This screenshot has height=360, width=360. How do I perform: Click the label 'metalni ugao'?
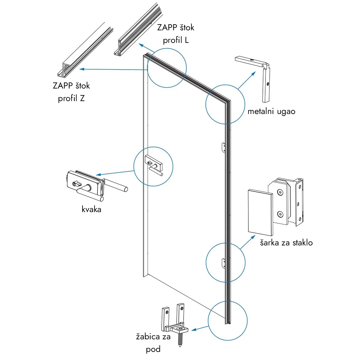[271, 111]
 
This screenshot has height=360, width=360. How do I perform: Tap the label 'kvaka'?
[91, 209]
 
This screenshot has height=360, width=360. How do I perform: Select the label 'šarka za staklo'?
[286, 242]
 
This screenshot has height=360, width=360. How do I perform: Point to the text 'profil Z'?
[71, 98]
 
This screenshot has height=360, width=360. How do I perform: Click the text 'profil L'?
[176, 40]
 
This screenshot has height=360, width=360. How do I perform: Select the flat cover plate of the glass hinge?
[260, 212]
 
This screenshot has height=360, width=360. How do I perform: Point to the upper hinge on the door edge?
[223, 147]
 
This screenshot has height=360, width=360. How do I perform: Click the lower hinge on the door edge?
[223, 263]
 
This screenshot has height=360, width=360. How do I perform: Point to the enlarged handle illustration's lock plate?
[84, 183]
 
